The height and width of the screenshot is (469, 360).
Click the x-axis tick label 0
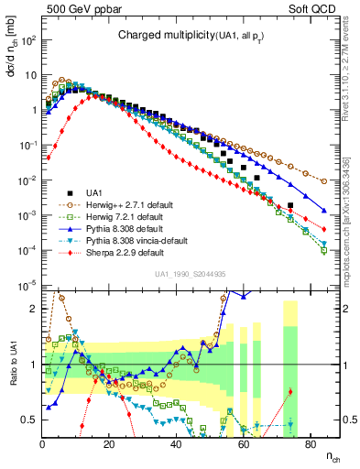pos(43,444)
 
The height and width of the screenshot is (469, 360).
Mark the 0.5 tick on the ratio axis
pos(30,420)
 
